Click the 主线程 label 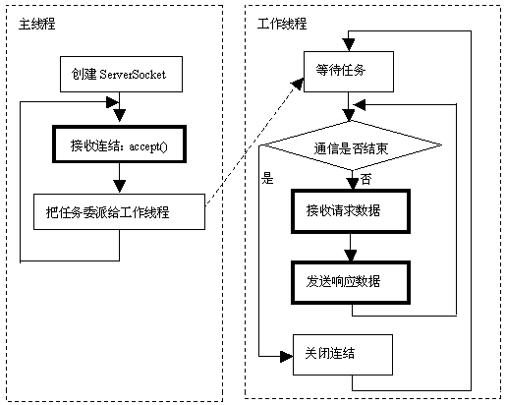point(36,23)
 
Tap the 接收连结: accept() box point(119,145)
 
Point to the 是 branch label point(266,179)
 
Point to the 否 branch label point(366,180)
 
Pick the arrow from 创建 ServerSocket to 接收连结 point(119,106)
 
